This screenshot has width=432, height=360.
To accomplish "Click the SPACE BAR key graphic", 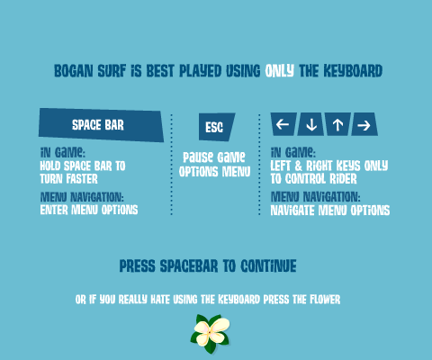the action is (x=101, y=125).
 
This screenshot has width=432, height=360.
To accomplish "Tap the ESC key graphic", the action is (x=216, y=127).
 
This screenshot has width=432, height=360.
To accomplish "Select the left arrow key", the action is (x=283, y=124).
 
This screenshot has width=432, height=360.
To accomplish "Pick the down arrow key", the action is (x=310, y=124).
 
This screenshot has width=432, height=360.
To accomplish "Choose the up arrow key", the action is (x=337, y=124).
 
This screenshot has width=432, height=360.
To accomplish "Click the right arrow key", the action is (x=364, y=124).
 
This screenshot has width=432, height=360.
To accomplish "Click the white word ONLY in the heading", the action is (x=279, y=71).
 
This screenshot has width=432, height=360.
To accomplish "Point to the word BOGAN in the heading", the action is (x=74, y=71).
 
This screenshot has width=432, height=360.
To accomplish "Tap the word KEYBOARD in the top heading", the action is (x=353, y=71).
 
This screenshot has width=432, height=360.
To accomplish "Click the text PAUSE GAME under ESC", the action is (x=214, y=157).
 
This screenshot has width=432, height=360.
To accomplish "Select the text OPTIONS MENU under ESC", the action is (x=215, y=172).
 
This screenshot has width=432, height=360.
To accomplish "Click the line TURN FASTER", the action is (x=69, y=179).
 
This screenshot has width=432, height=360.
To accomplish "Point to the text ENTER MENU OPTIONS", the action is (x=89, y=210).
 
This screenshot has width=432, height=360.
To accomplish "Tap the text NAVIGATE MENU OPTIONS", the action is (x=330, y=211).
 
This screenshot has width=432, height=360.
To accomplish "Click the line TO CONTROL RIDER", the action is (x=313, y=179).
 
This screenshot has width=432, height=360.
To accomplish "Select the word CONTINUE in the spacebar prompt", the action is (x=268, y=266).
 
